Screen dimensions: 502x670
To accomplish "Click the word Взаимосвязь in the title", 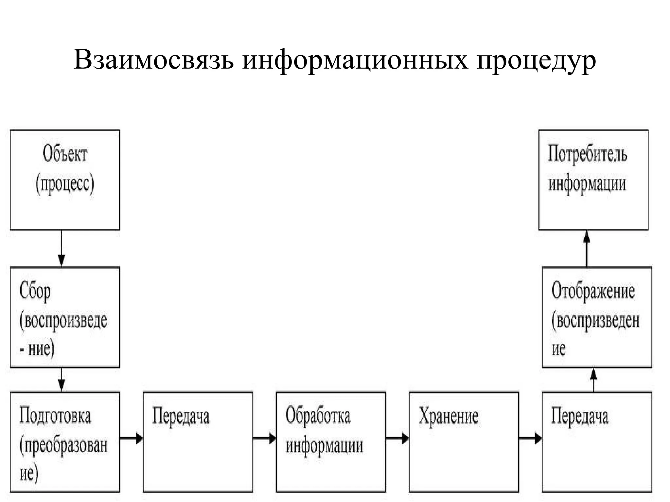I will (x=154, y=60).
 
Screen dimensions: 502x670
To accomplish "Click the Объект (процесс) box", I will (x=65, y=180).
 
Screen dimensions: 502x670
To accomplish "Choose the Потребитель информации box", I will (x=593, y=180).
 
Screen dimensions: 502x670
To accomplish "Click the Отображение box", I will (x=597, y=317).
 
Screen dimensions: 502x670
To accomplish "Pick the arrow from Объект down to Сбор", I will (x=62, y=248).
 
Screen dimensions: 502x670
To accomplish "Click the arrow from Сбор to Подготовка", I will (x=62, y=379).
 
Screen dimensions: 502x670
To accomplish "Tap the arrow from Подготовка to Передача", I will (x=131, y=438).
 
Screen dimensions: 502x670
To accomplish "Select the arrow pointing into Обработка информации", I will (x=264, y=438).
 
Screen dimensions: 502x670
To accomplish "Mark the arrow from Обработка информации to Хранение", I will (x=397, y=438).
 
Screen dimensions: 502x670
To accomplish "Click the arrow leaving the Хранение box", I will (x=530, y=438).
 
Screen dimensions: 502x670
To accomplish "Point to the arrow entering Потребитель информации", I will (x=587, y=248).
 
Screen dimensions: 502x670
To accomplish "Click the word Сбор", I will (x=35, y=292).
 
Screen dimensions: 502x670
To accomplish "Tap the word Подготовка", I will (x=55, y=416).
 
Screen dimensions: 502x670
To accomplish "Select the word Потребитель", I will (x=588, y=154).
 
